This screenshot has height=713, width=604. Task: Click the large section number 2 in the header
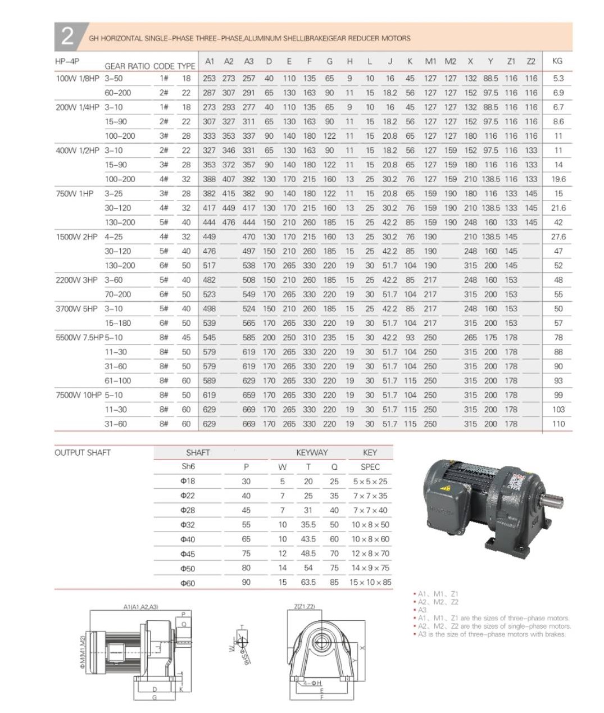(x=67, y=36)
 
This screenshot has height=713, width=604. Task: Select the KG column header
(x=557, y=61)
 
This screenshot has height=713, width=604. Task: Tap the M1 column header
(x=430, y=61)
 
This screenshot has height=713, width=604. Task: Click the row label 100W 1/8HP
(x=77, y=79)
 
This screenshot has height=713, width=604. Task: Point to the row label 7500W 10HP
(x=78, y=395)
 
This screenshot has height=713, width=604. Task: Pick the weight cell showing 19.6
(x=558, y=179)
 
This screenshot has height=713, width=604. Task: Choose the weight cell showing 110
(x=558, y=424)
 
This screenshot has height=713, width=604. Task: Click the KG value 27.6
(x=558, y=237)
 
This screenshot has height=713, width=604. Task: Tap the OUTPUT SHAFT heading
(x=83, y=452)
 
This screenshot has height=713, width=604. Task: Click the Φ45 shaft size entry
(x=188, y=553)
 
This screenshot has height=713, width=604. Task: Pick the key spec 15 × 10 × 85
(x=370, y=582)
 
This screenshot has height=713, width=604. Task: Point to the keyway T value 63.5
(x=308, y=582)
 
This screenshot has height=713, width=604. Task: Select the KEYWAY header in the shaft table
(x=312, y=452)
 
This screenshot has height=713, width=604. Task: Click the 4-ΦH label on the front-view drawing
(x=312, y=683)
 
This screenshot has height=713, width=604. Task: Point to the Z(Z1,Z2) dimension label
(x=305, y=606)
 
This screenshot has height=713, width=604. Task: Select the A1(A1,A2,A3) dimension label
(x=140, y=607)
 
